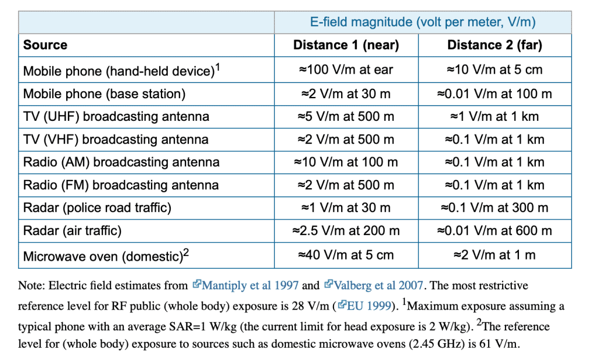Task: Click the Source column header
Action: (x=45, y=45)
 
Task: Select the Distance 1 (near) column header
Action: (x=346, y=45)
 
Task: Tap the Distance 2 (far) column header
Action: (x=495, y=45)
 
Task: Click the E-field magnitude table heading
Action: (x=423, y=22)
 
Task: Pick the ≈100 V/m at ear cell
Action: (x=346, y=70)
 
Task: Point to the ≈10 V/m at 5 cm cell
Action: (x=495, y=70)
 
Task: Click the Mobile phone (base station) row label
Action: (x=105, y=94)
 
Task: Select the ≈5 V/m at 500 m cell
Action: (x=346, y=117)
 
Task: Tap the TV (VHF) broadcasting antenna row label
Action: (x=116, y=139)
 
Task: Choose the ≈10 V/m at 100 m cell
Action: (x=346, y=163)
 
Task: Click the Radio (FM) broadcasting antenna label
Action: (x=121, y=185)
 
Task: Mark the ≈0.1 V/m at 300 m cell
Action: (x=495, y=208)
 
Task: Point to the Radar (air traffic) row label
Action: (x=73, y=231)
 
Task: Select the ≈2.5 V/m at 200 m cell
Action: (x=346, y=231)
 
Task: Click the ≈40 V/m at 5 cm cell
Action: (x=346, y=255)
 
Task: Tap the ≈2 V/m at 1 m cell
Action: (x=495, y=255)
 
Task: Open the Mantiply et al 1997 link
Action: (x=246, y=285)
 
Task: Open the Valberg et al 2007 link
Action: (x=374, y=285)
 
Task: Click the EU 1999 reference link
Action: (x=365, y=306)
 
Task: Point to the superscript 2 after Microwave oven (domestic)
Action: (x=187, y=252)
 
